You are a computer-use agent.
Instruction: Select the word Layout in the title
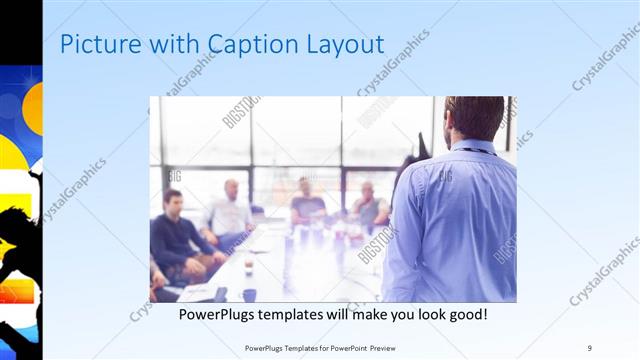(345, 44)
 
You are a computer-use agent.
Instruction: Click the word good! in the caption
(465, 315)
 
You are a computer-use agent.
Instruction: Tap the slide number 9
(590, 347)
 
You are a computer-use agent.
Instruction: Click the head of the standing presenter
(473, 118)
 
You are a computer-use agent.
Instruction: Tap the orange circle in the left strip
(33, 106)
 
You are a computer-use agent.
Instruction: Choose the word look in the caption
(420, 315)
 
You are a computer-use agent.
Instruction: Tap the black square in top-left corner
(20, 30)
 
